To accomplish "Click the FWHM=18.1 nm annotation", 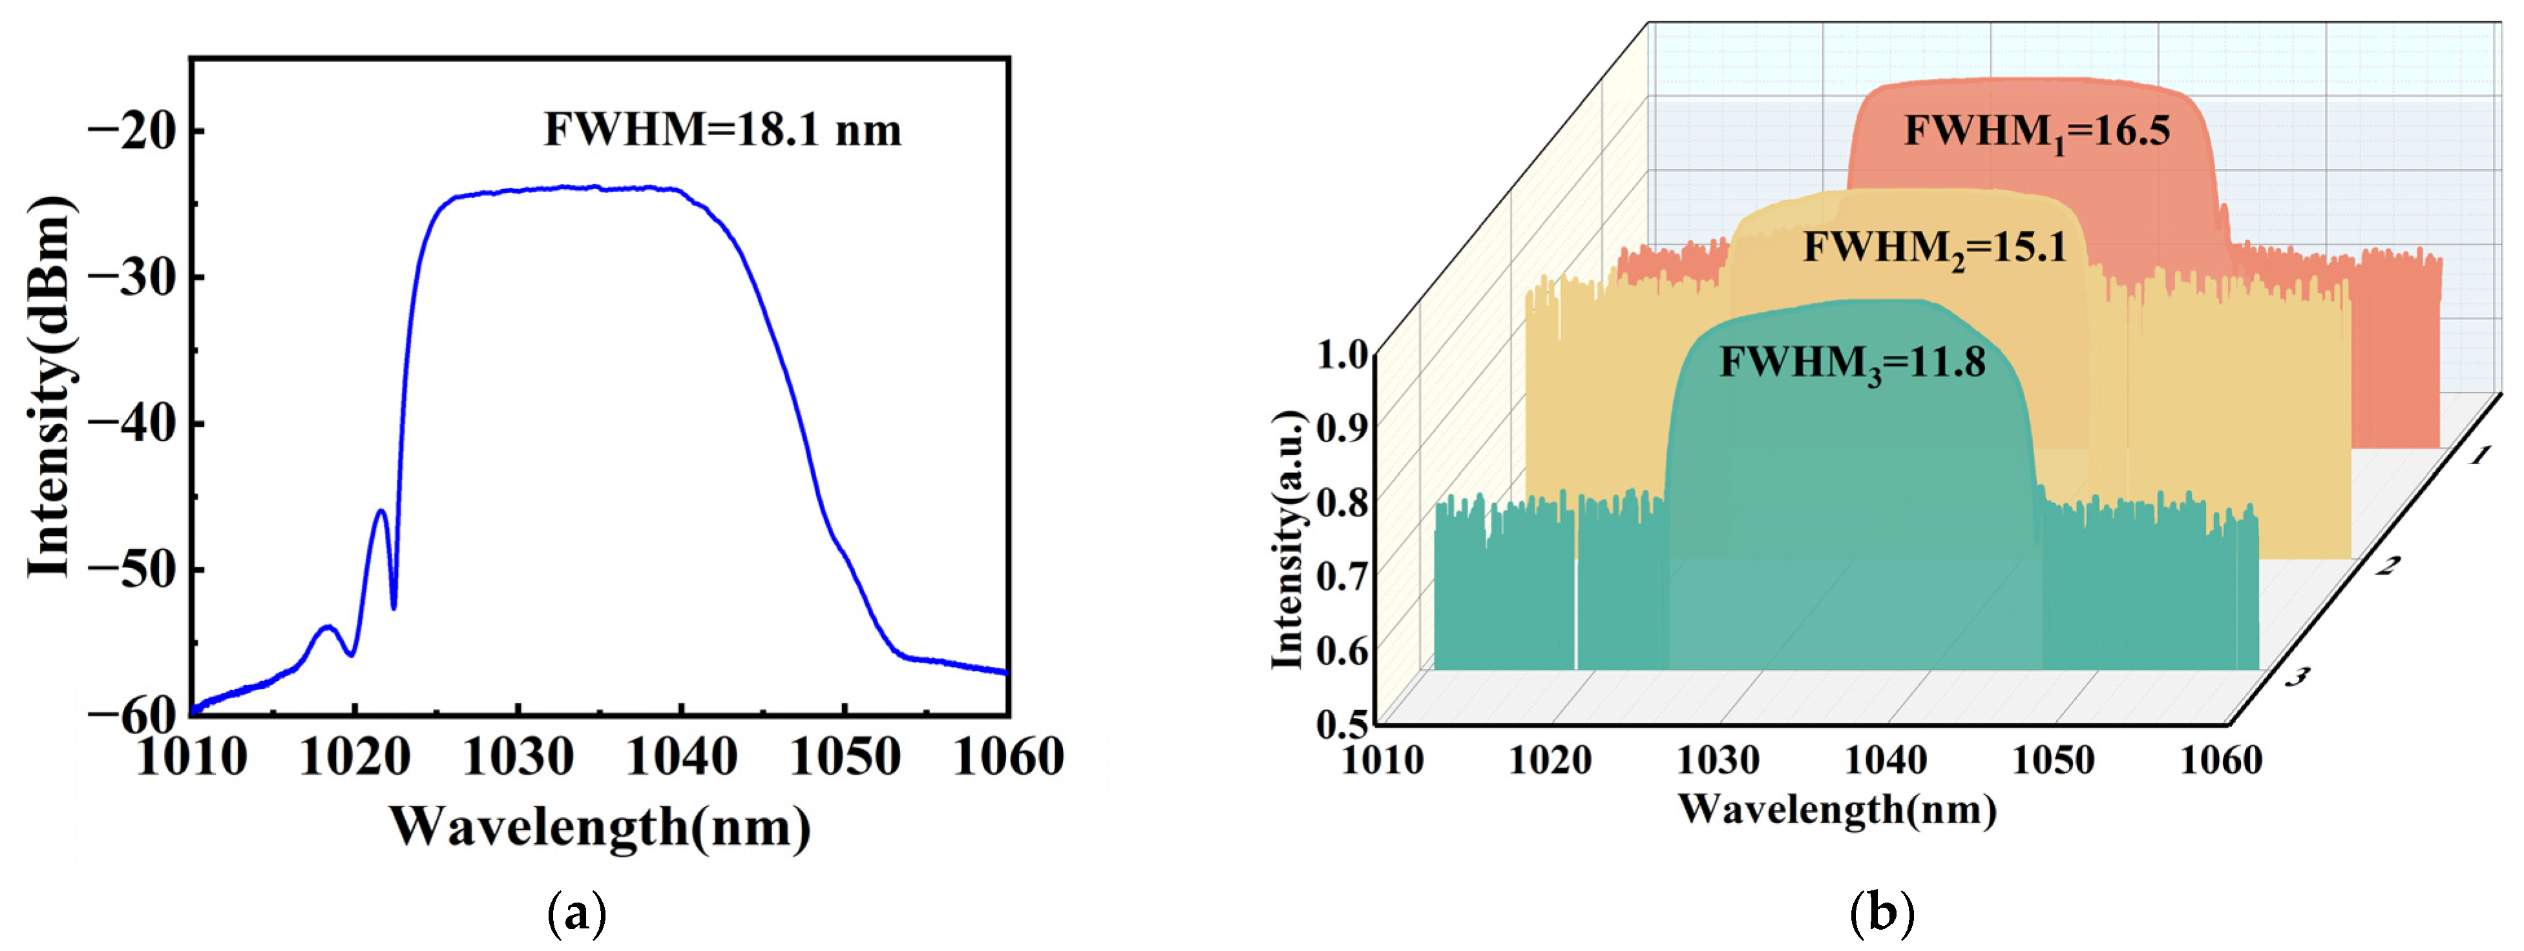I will pos(722,130).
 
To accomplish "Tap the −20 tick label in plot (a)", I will pos(136,131).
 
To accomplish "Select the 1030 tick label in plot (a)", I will pos(518,758).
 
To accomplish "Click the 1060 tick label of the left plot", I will pos(1008,758).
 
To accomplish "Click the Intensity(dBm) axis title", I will pos(49,387).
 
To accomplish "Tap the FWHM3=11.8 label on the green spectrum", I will pos(1852,364).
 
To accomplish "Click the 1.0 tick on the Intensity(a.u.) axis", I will pos(1341,354).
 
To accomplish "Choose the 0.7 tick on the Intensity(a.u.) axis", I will pos(1341,576).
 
